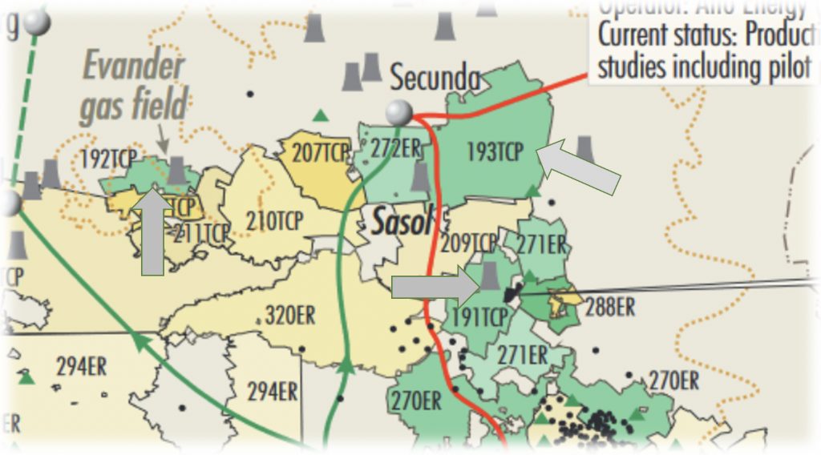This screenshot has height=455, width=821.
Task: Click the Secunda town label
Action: pyautogui.click(x=435, y=79)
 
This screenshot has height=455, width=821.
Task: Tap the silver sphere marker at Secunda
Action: pyautogui.click(x=398, y=114)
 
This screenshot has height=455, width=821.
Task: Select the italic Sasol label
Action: pyautogui.click(x=401, y=222)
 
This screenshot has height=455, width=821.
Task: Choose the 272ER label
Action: pyautogui.click(x=395, y=147)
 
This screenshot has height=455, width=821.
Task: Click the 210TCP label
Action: pyautogui.click(x=275, y=219)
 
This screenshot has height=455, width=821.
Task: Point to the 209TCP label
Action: pyautogui.click(x=469, y=242)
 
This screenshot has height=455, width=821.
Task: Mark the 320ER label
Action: pyautogui.click(x=290, y=315)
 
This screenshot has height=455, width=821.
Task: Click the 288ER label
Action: pyautogui.click(x=610, y=306)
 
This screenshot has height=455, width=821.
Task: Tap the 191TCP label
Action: pyautogui.click(x=479, y=317)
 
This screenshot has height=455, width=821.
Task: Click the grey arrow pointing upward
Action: pyautogui.click(x=152, y=232)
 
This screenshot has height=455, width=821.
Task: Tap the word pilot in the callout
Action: pyautogui.click(x=783, y=66)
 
